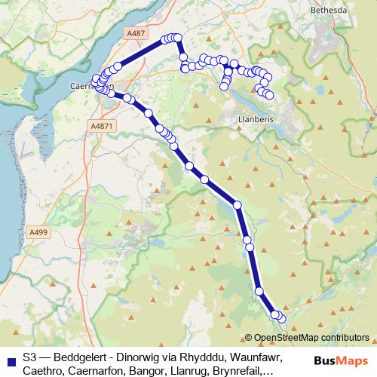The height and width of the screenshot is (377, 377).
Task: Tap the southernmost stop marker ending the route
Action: [x=282, y=320]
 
